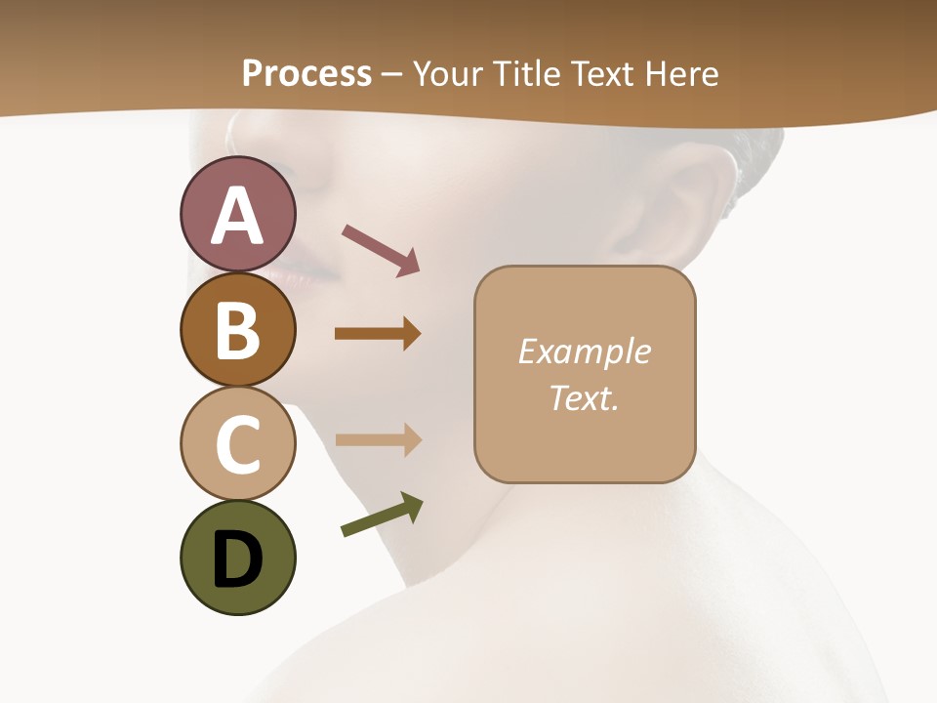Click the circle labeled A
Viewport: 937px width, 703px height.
(237, 215)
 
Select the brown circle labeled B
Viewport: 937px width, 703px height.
(237, 329)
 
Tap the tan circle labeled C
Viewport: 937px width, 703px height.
(237, 443)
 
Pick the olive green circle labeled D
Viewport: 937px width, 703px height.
(237, 558)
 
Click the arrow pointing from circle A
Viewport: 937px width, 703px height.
(381, 250)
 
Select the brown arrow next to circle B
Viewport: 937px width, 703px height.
(378, 334)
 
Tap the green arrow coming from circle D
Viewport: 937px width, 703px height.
(382, 515)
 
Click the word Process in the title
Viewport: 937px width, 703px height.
(306, 73)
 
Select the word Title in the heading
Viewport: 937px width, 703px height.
(525, 73)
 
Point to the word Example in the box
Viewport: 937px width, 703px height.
(584, 351)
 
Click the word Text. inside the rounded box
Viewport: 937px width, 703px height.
(584, 397)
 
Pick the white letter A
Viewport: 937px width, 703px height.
(237, 216)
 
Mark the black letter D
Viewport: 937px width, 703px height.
(237, 559)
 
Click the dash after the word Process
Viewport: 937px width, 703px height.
(392, 74)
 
